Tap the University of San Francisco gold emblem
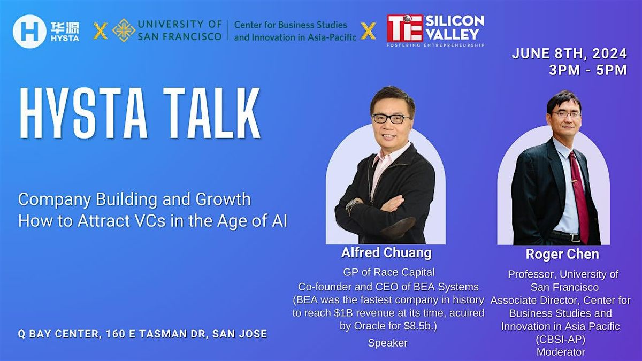pos(124,30)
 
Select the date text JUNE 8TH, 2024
pos(569,54)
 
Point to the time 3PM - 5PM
pos(587,70)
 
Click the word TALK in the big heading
pos(209,113)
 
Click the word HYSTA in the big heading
pos(81,113)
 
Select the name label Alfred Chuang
pos(386,252)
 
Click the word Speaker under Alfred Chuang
pos(388,343)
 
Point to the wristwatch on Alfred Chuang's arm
pos(352,206)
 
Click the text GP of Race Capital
pos(388,272)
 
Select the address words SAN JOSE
pos(240,334)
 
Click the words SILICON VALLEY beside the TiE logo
pos(454,27)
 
